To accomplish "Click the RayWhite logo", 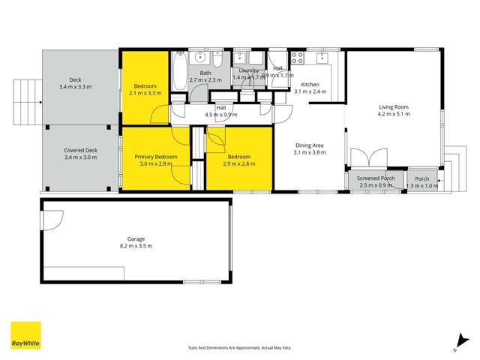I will point(25,335).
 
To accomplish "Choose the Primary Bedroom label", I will point(156,157).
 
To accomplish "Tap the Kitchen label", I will point(310,85).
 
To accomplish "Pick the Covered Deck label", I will point(80,150).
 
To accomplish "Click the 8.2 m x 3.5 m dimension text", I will point(136,246).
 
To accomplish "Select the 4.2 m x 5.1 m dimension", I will point(394,115).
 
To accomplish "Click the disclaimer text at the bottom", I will point(239,347).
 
